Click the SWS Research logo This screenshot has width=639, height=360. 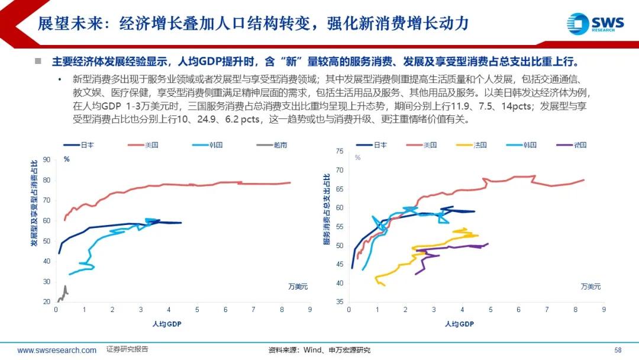tap(595, 23)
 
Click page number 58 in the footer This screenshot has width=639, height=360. tap(618, 350)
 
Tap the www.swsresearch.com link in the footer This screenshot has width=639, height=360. tap(57, 350)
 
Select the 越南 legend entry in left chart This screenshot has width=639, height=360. tap(271, 144)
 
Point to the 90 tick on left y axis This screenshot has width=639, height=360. tap(46, 160)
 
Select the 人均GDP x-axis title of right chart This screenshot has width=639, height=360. tap(459, 324)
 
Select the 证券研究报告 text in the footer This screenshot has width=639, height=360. tap(127, 349)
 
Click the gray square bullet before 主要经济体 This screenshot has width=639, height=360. tap(38, 61)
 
